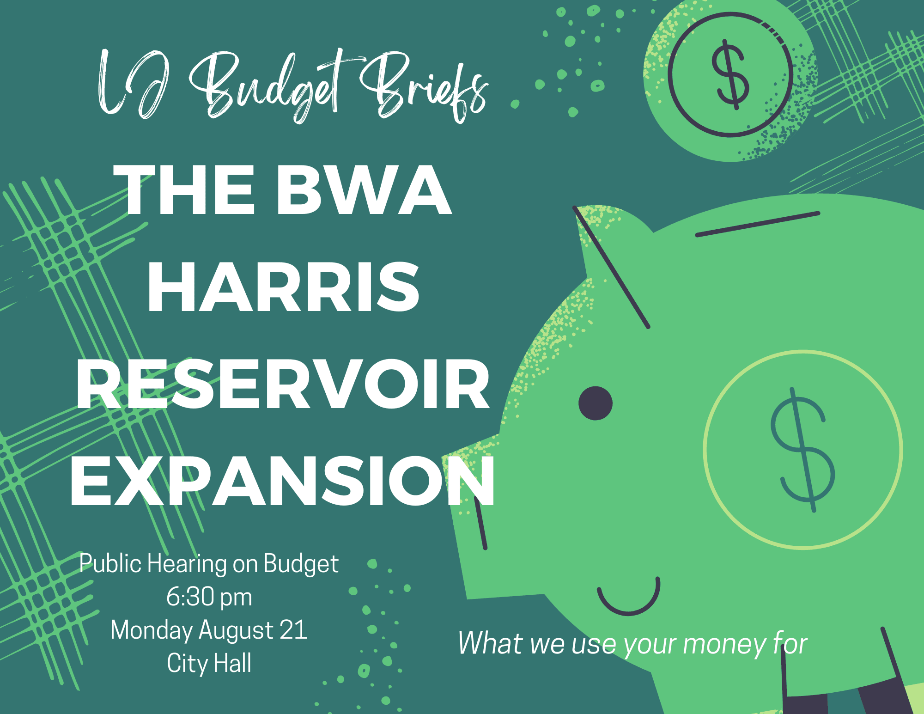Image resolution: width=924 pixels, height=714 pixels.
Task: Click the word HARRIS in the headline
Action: click(x=283, y=287)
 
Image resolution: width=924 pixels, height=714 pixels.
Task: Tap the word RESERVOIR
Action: click(x=283, y=384)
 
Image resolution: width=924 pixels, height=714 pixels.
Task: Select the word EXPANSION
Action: click(x=283, y=482)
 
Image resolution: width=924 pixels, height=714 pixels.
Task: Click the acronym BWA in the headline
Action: click(x=364, y=190)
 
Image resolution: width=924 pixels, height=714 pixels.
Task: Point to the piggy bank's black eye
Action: click(x=596, y=403)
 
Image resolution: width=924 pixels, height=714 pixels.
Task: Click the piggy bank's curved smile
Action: click(x=628, y=601)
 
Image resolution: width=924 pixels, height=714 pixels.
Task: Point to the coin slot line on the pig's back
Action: click(x=758, y=224)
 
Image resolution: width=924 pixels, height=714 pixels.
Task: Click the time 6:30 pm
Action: click(x=209, y=597)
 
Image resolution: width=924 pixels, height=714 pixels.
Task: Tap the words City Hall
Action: click(x=209, y=663)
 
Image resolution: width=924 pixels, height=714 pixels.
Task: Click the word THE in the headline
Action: click(x=184, y=190)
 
